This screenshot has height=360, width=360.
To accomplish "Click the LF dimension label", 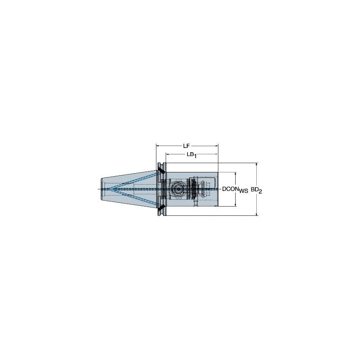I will click(x=186, y=146).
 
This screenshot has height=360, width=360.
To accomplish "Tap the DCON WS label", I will click(x=235, y=190).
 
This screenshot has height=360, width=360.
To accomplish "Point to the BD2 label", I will click(x=256, y=190).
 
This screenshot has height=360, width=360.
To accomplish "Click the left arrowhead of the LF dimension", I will click(x=158, y=146).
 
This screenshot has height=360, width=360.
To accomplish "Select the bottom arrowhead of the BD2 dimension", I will click(x=256, y=214).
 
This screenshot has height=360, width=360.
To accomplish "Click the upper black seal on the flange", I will click(x=161, y=171).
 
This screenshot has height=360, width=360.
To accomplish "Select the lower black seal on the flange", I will click(x=161, y=208).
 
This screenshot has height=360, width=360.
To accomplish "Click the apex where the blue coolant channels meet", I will click(x=106, y=189).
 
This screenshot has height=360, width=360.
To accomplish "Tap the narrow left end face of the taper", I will click(x=102, y=189).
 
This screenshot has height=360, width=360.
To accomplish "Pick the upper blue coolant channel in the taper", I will click(x=133, y=181).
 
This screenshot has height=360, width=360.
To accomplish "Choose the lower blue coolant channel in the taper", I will click(x=133, y=197).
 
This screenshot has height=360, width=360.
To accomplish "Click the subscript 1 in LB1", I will click(x=195, y=156).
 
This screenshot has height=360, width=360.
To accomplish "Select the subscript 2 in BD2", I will click(x=261, y=192).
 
